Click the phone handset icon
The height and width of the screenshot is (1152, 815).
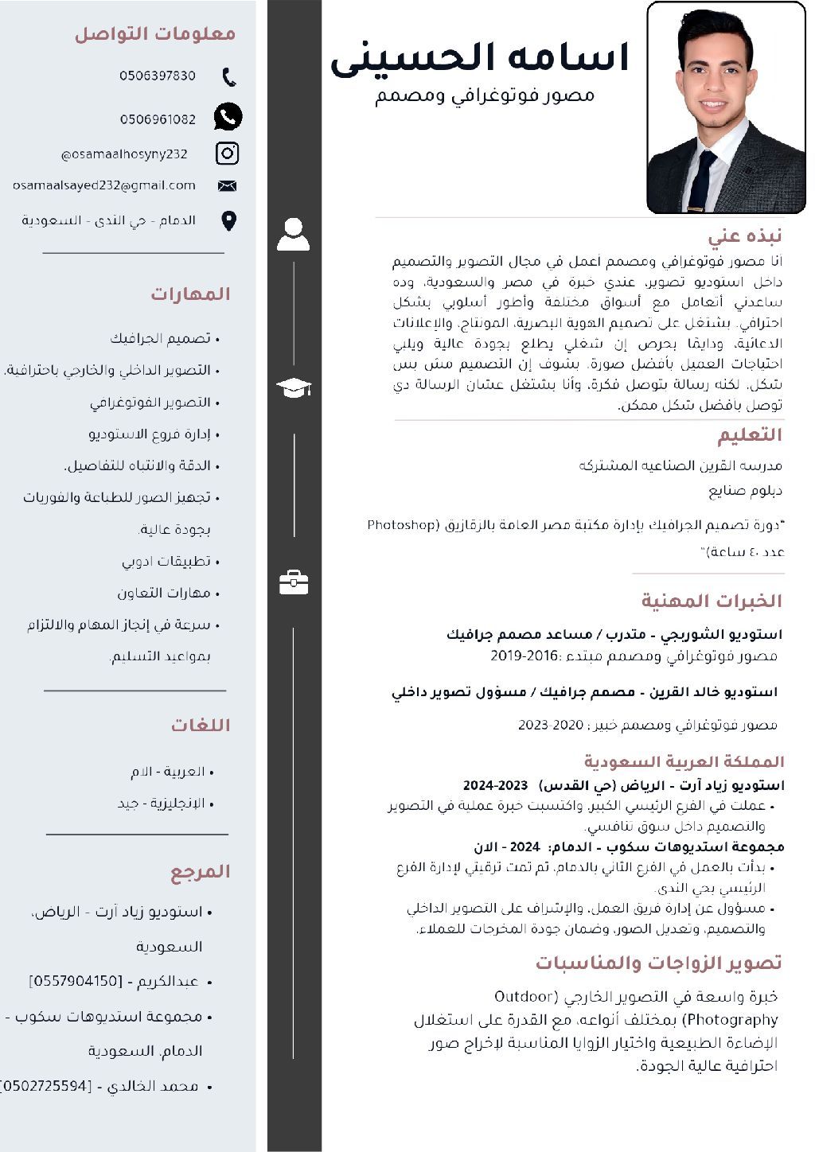coord(229,77)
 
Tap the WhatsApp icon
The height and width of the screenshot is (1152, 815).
coord(228,117)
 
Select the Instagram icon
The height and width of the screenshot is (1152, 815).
coord(228,153)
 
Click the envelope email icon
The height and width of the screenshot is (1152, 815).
coord(228,186)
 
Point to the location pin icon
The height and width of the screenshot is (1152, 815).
coord(228,220)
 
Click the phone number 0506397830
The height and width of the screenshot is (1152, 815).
coord(158,76)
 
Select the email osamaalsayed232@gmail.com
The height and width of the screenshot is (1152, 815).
coord(104,185)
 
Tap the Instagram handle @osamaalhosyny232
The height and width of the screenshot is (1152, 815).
coord(124,154)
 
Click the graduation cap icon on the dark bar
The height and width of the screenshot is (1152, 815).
coord(294,388)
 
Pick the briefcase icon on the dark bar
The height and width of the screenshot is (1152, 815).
coord(294,582)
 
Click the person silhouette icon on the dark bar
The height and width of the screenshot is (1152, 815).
coord(294,235)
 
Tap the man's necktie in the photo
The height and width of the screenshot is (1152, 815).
coord(703,181)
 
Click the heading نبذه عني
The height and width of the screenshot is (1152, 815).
coord(745,235)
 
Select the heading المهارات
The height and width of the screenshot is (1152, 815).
coord(190,294)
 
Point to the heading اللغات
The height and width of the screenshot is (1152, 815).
coord(200,726)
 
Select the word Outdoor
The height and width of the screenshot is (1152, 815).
coord(524,996)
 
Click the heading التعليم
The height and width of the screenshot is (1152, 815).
coord(750,435)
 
